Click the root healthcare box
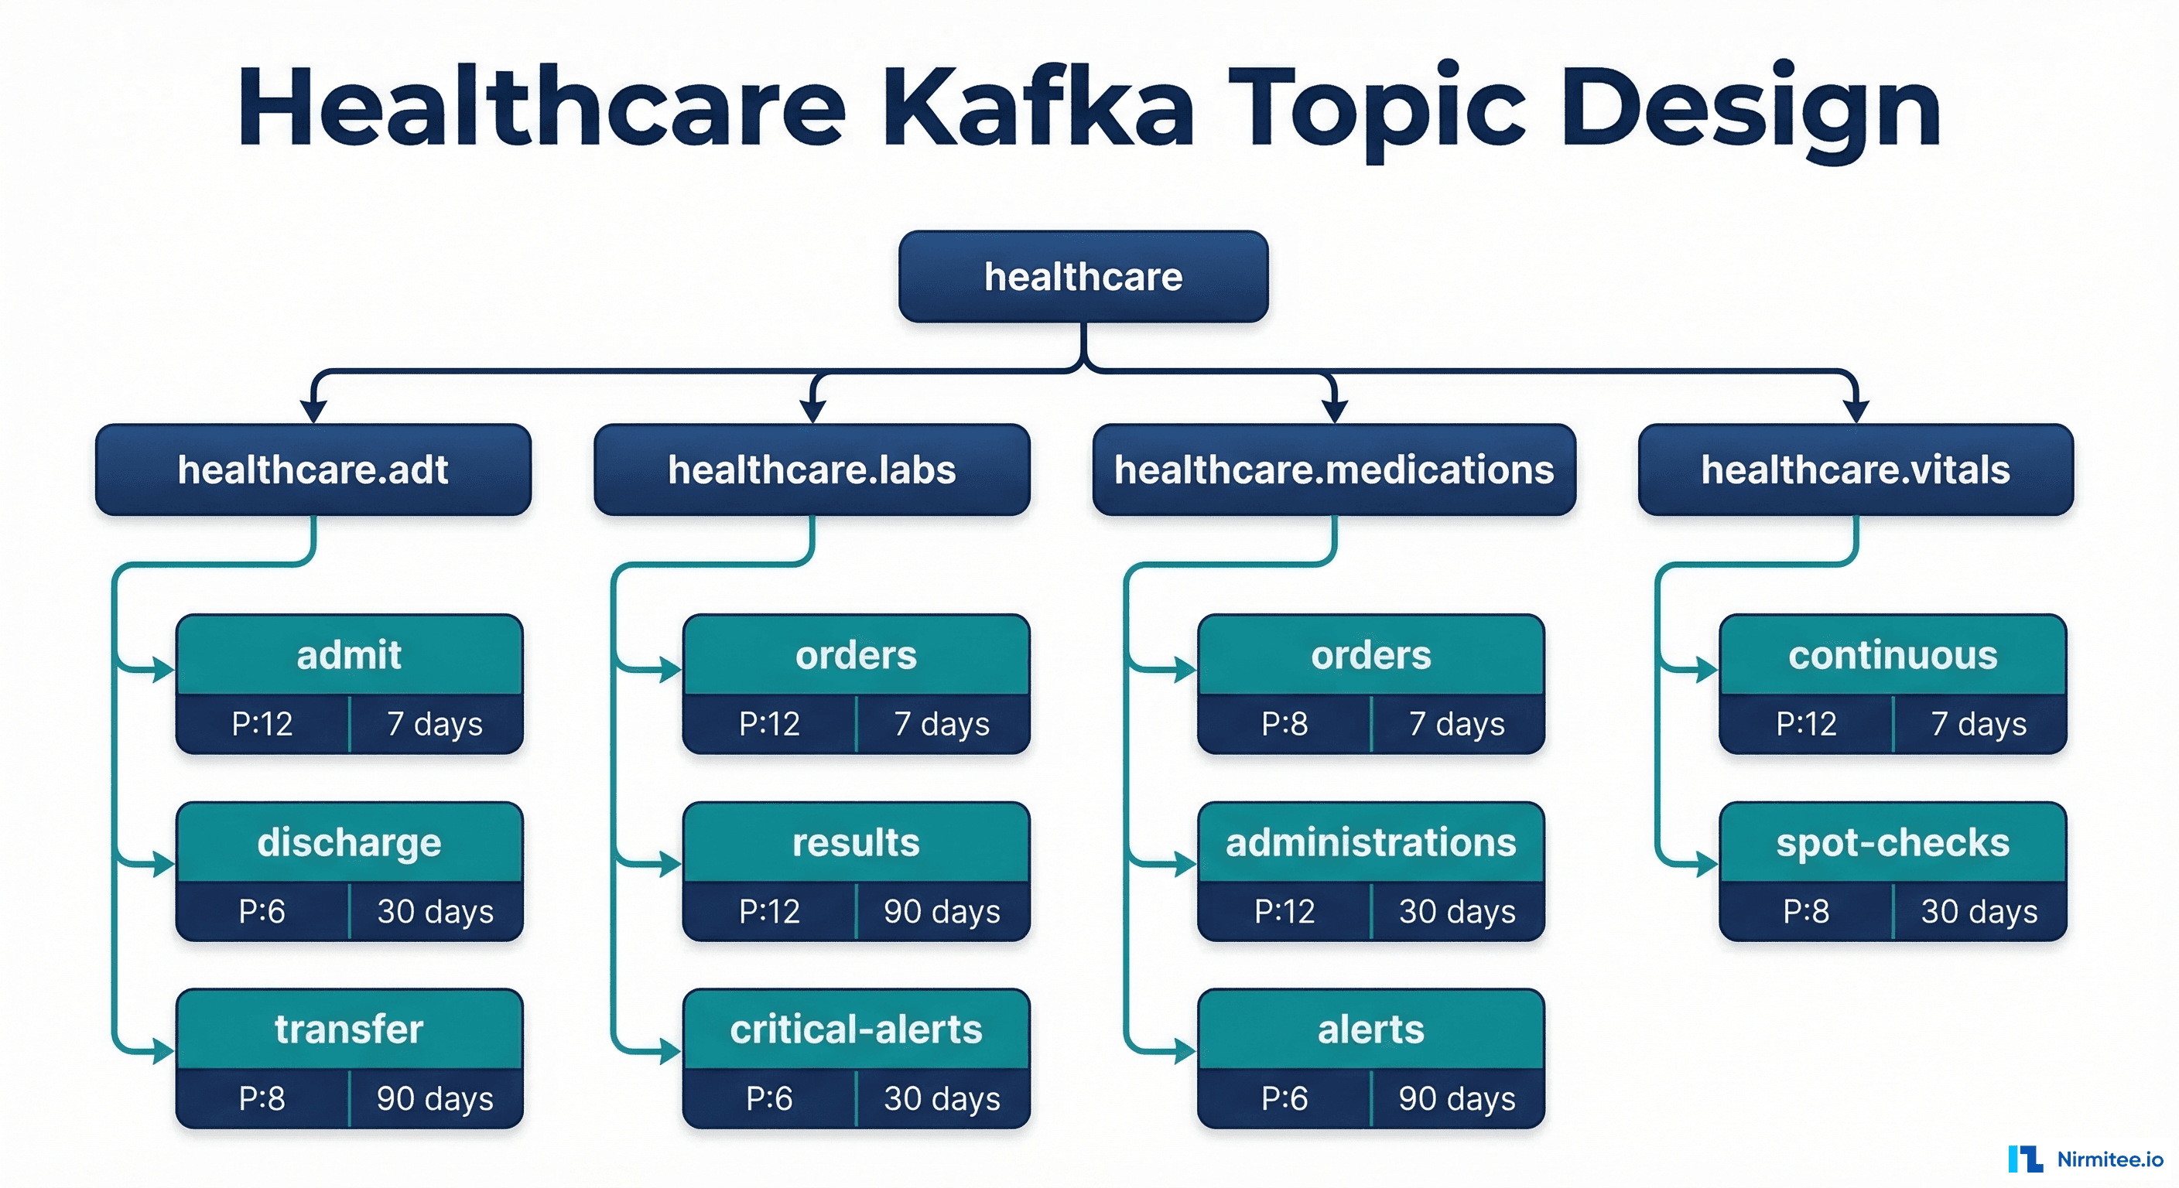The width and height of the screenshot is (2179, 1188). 1083,276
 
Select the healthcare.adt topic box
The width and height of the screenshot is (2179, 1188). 313,469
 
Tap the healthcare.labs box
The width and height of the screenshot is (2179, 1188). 811,469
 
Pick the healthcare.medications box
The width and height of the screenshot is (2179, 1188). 1333,469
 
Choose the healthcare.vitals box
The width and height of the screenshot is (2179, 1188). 1855,469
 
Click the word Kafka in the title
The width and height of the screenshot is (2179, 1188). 1038,108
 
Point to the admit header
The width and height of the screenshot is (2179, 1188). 348,655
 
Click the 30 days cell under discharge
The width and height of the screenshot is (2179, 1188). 435,912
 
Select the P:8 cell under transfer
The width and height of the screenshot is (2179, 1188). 262,1098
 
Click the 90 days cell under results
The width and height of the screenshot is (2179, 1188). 942,912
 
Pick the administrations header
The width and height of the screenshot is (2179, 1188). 1370,843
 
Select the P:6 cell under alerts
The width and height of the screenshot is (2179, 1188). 1284,1098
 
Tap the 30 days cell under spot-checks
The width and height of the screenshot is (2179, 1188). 1979,912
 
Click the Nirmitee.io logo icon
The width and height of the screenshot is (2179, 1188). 2026,1159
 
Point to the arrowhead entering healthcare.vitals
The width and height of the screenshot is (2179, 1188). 1855,411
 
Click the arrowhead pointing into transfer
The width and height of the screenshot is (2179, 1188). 162,1052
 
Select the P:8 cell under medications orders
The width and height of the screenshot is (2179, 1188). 1284,724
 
